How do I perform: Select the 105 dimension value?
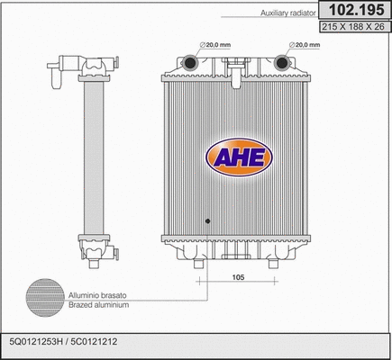click(239, 277)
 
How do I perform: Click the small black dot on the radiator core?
click(206, 221)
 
